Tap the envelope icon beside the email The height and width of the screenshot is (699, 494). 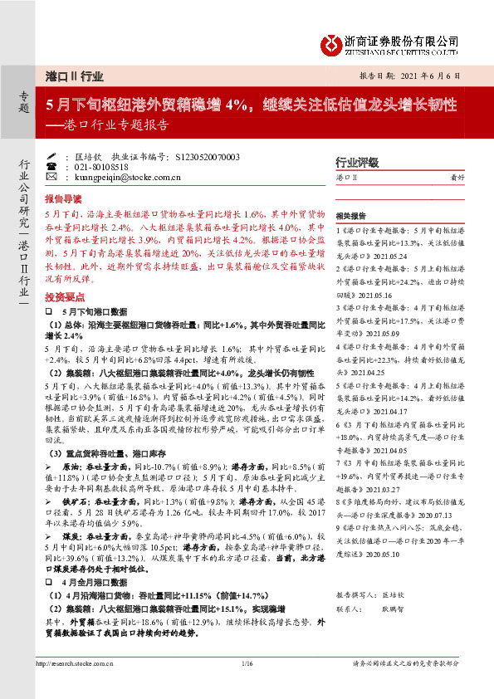coord(51,177)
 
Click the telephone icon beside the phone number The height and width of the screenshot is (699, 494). coord(51,166)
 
